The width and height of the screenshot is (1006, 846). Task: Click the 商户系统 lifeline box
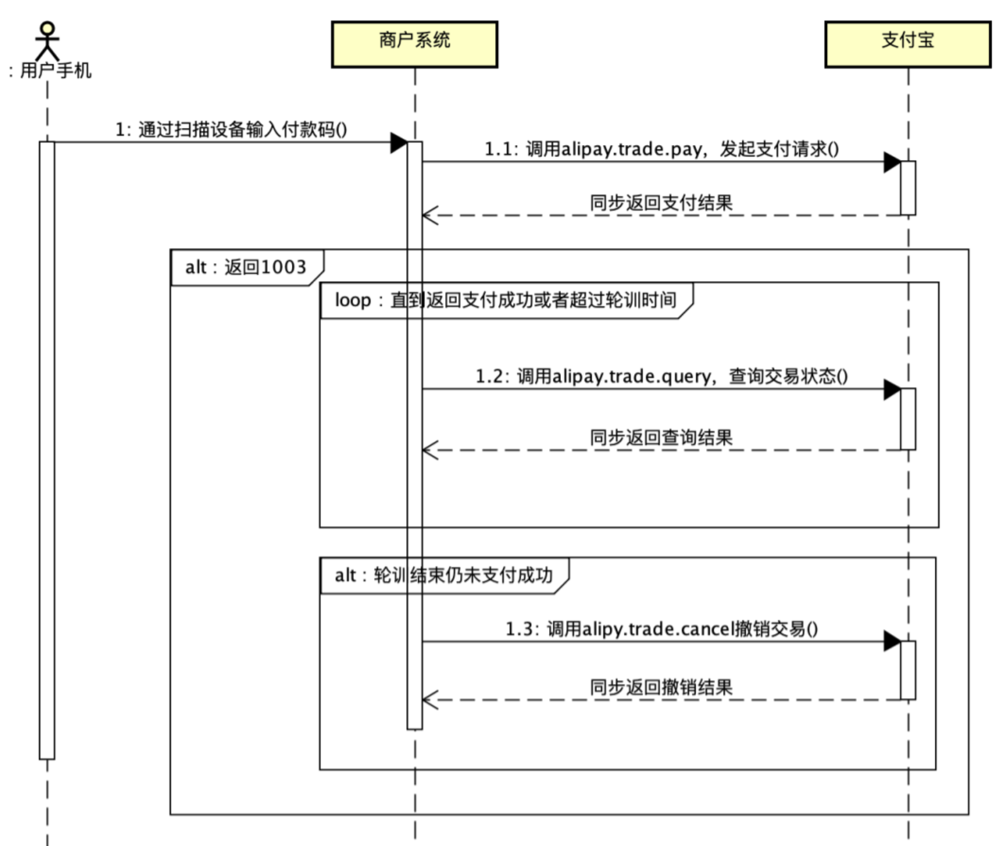click(414, 44)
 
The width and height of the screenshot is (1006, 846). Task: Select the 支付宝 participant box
click(907, 44)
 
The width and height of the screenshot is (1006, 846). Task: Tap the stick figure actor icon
click(47, 41)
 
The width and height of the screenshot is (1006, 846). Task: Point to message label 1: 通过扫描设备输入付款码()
click(231, 130)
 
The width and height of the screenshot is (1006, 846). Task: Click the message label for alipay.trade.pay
click(661, 149)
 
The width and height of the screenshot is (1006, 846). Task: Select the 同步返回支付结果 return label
click(661, 203)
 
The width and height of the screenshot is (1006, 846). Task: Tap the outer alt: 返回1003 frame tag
click(246, 267)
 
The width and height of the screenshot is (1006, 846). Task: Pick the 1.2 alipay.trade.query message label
click(661, 376)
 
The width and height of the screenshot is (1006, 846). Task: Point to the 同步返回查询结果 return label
click(661, 437)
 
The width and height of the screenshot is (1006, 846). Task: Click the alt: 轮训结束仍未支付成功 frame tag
click(444, 575)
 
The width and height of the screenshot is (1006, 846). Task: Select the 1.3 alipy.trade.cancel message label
click(661, 629)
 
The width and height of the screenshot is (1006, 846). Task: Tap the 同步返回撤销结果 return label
click(661, 687)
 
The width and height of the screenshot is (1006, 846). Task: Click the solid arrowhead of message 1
click(399, 143)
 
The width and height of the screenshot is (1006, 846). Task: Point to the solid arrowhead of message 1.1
click(892, 162)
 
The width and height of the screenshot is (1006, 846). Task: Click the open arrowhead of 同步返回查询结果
click(429, 450)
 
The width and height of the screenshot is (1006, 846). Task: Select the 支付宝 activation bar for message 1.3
click(908, 670)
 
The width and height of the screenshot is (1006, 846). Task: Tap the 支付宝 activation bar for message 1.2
click(908, 419)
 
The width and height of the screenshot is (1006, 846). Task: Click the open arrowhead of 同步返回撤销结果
click(429, 700)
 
